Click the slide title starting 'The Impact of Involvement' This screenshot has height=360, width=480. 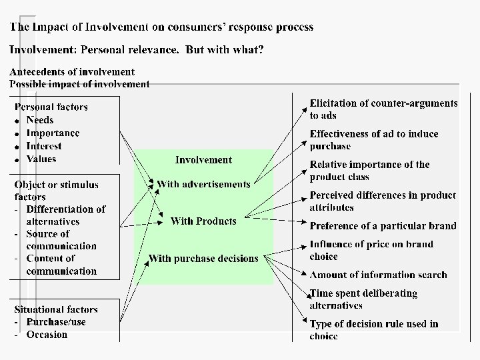[161, 27]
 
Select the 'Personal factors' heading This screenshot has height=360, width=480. [51, 107]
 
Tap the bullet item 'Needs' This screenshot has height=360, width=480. [40, 120]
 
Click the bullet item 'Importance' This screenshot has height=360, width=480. [53, 133]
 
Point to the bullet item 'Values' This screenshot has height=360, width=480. [41, 159]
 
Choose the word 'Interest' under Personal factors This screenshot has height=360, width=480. [44, 146]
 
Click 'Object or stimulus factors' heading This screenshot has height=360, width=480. [56, 191]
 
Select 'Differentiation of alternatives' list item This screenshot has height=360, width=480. [65, 215]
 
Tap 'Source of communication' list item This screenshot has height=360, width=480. [61, 240]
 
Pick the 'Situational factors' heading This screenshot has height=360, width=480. [56, 309]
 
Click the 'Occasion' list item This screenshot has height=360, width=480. [47, 335]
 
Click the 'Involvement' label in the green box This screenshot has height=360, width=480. [203, 160]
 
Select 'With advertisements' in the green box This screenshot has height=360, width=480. [203, 184]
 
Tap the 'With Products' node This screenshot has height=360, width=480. [203, 221]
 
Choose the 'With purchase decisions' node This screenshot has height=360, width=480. [203, 259]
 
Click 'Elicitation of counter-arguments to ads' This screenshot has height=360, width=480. [383, 109]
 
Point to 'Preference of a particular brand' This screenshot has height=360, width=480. [383, 226]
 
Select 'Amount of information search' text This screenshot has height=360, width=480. [378, 275]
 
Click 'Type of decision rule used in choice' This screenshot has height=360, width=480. [373, 330]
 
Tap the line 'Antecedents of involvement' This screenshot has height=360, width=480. [72, 71]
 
